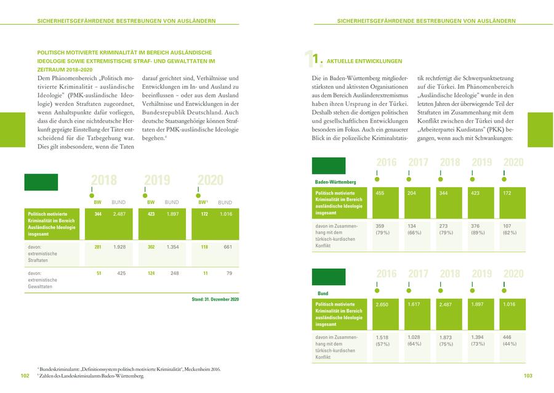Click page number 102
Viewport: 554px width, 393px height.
[25, 376]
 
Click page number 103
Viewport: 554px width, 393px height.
[528, 376]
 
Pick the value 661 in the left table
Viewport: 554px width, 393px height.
[227, 247]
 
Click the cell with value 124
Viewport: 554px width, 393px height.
[151, 273]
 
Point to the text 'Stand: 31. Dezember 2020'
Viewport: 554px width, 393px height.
[215, 299]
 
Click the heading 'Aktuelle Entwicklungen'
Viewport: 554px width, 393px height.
[364, 62]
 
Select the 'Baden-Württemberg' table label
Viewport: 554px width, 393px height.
[335, 182]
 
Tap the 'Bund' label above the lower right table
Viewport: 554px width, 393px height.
[323, 293]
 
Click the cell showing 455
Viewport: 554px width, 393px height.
[380, 193]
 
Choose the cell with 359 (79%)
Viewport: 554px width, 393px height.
[384, 229]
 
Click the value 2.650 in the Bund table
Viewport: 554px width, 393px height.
[382, 304]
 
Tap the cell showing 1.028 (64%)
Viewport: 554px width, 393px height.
[416, 341]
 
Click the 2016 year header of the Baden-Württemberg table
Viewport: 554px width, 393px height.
[386, 162]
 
